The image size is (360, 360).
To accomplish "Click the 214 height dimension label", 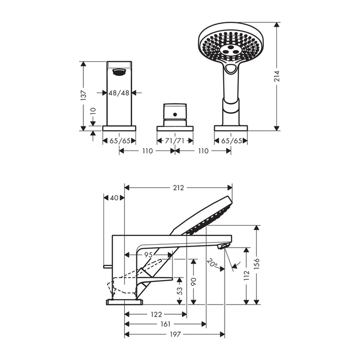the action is [x=277, y=76].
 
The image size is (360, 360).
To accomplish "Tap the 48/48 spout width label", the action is [x=119, y=93].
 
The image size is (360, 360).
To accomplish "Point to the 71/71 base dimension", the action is [x=175, y=141].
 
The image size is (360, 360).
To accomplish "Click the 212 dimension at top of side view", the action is [x=178, y=188].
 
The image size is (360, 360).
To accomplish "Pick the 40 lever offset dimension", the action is [x=114, y=198].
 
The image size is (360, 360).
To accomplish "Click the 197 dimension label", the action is [x=175, y=334].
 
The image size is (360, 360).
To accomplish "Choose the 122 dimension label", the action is [x=156, y=314].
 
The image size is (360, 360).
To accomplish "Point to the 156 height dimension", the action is [x=257, y=264].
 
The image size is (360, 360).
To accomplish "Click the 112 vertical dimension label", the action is [x=246, y=275].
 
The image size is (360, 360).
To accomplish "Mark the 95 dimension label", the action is [x=148, y=255].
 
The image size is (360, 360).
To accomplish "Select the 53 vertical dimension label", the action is [x=180, y=291].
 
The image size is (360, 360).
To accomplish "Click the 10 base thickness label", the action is [x=93, y=111].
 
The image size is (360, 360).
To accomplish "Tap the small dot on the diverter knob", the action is [x=175, y=114].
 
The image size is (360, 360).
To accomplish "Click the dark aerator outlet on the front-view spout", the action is [x=119, y=72].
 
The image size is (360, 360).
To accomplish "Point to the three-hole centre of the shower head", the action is [x=230, y=49].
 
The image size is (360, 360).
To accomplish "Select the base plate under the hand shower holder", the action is [x=231, y=128].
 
